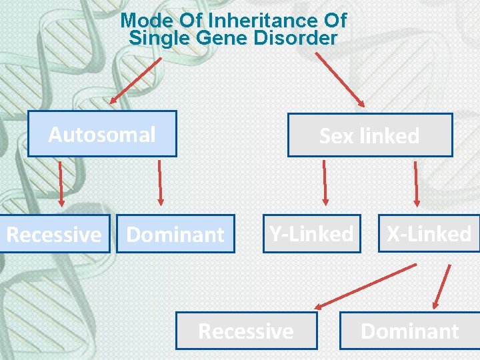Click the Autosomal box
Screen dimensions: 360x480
102,134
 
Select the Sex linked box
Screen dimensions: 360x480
369,135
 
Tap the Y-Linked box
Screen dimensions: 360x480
311,233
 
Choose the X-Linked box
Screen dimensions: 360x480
429,233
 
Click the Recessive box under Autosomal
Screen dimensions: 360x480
54,234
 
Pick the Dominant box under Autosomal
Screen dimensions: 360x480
175,234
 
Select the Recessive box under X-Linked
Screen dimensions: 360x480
246,331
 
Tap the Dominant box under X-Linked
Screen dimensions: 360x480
409,331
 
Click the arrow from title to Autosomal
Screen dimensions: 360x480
136,81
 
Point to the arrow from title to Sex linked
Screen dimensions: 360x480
339,79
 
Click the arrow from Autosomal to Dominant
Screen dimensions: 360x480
159,181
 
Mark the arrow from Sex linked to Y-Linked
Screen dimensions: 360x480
325,182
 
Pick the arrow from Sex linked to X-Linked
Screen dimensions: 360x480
417,182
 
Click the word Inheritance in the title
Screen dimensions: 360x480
247,21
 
